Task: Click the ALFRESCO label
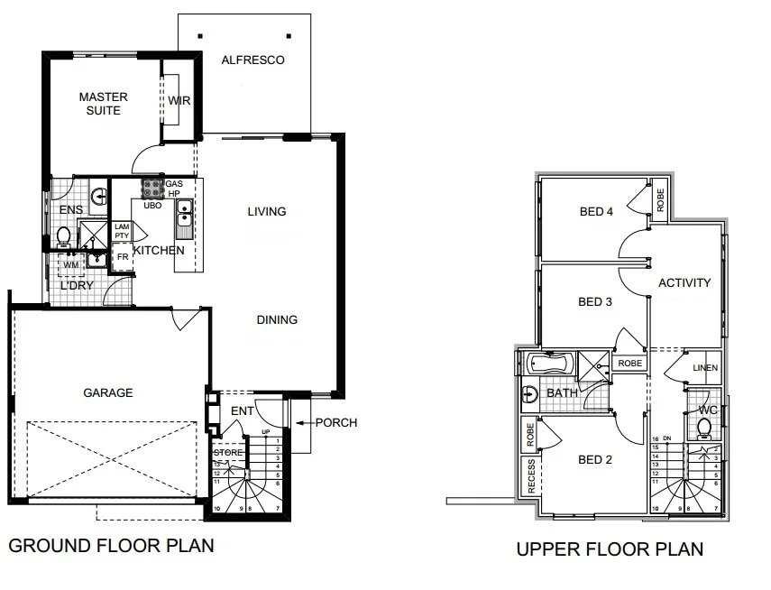(x=253, y=60)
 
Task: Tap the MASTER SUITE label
(x=103, y=104)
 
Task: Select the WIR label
(x=179, y=101)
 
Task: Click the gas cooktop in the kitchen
(x=151, y=189)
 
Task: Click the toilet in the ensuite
(x=64, y=236)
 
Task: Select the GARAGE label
(x=108, y=392)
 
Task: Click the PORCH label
(x=337, y=422)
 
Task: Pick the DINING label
(x=277, y=319)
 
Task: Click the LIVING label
(x=267, y=212)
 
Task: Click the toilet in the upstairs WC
(x=705, y=428)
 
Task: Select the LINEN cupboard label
(x=705, y=369)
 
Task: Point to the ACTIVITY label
(x=684, y=282)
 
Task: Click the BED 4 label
(x=596, y=212)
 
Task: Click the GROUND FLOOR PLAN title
(x=111, y=546)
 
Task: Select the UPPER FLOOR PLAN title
(x=610, y=549)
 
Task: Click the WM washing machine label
(x=70, y=265)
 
